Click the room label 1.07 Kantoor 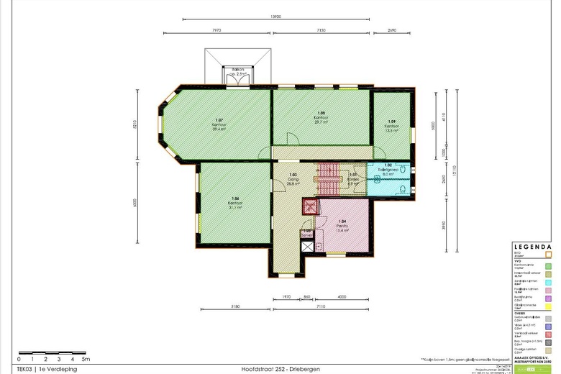tap(219, 124)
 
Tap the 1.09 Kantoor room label tap(391, 126)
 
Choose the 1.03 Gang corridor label tap(293, 180)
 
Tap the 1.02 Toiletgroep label tap(388, 170)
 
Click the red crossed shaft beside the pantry tap(310, 208)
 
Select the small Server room tap(307, 233)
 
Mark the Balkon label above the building tap(238, 71)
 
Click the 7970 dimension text tap(217, 31)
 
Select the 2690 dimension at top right tap(391, 31)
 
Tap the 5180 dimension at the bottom tap(234, 306)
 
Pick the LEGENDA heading tap(532, 245)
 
